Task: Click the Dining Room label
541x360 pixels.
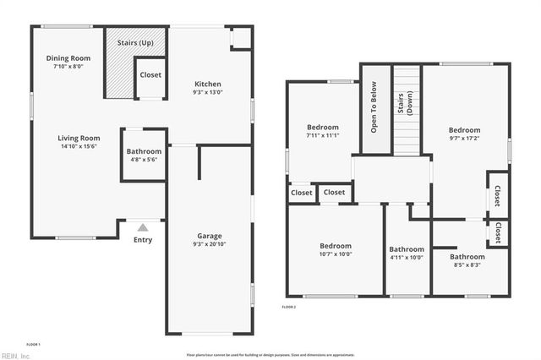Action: click(x=68, y=58)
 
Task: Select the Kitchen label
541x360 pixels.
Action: click(x=208, y=84)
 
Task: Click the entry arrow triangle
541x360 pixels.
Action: click(x=143, y=227)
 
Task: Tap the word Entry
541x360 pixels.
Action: click(x=143, y=240)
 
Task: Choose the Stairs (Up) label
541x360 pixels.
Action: click(x=135, y=41)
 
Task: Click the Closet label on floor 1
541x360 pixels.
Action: click(x=150, y=75)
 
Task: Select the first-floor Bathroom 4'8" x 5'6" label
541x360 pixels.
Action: click(x=145, y=152)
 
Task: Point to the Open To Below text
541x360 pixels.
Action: click(x=373, y=107)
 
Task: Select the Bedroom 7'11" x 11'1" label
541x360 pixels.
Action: click(x=322, y=128)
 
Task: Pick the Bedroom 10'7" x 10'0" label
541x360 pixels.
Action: click(x=335, y=245)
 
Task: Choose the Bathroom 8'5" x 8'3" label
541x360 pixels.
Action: click(x=467, y=257)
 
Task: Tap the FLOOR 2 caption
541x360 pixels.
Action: click(x=289, y=307)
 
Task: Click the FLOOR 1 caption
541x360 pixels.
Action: click(x=33, y=344)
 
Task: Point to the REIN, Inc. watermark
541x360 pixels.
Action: click(x=15, y=356)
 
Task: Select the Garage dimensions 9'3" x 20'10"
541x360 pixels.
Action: click(x=208, y=245)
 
